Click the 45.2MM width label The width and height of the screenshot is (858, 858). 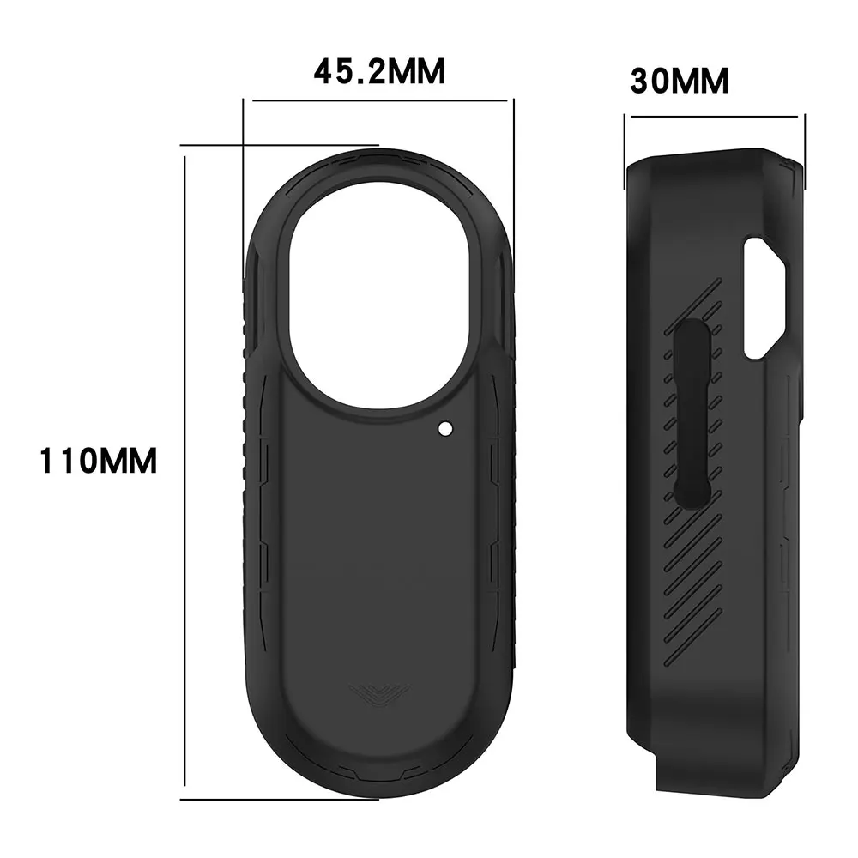(378, 71)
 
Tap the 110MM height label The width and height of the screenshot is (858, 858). (99, 461)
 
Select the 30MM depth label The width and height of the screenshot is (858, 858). (679, 82)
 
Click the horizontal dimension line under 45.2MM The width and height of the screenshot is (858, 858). (378, 100)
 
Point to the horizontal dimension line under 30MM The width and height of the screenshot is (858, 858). (714, 117)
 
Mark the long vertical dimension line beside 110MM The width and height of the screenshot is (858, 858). (184, 472)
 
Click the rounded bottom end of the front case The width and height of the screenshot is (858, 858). (378, 755)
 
